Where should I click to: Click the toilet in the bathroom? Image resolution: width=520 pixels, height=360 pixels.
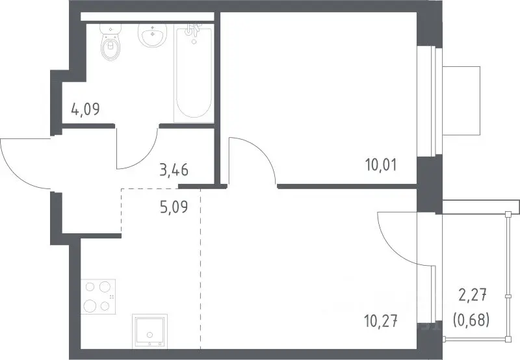(110, 42)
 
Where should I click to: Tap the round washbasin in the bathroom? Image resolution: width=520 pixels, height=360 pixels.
(152, 35)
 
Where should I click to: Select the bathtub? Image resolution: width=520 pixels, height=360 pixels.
(193, 75)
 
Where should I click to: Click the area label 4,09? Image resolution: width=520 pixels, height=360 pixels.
(85, 109)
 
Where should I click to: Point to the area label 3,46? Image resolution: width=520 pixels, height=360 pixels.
(174, 170)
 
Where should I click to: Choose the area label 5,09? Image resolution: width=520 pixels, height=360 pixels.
(174, 207)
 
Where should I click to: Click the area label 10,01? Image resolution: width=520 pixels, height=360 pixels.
(381, 165)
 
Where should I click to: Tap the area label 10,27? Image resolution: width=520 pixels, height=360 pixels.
(381, 321)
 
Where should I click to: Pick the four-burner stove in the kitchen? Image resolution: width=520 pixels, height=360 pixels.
(98, 296)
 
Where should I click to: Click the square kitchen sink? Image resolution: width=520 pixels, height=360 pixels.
(149, 331)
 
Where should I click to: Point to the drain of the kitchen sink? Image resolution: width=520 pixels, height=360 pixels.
(150, 335)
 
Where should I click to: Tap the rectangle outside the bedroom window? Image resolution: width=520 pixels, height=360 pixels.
(461, 101)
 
